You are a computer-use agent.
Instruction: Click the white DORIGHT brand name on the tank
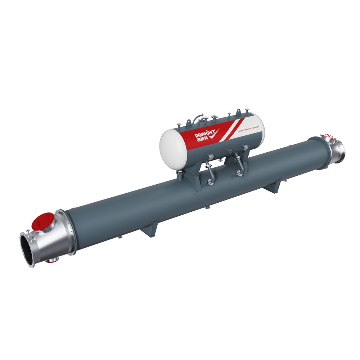coord(205,133)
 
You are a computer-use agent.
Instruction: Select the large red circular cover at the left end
coord(42,221)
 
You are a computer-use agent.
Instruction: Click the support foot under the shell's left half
coord(150,229)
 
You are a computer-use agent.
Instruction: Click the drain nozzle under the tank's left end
coord(180,175)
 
